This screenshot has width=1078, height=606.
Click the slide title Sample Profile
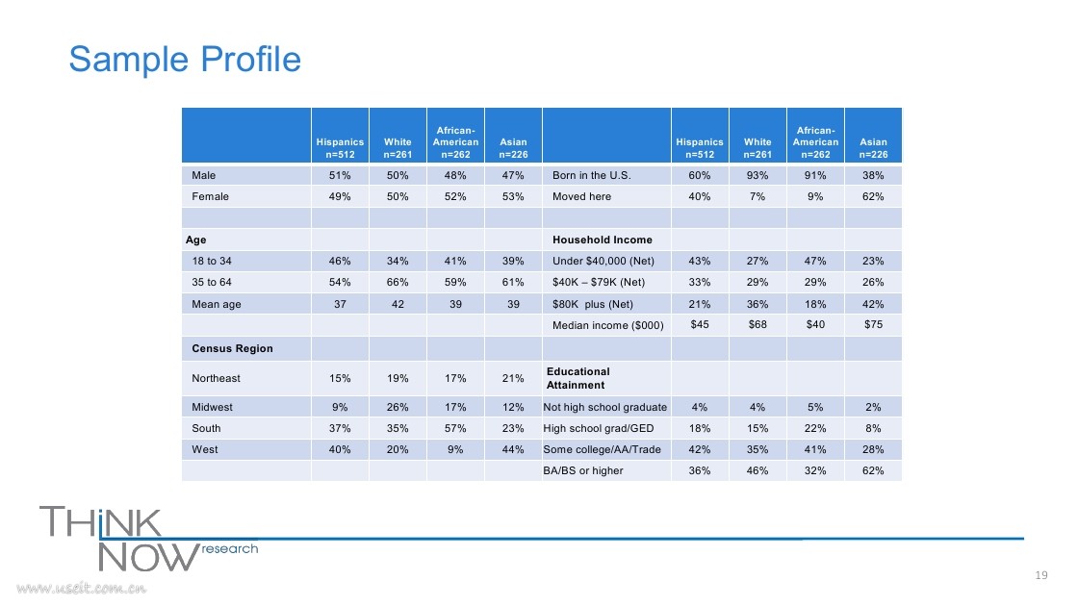185,60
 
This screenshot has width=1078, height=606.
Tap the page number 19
1040,575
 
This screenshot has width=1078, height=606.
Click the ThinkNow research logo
148,540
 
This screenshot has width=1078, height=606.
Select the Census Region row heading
232,348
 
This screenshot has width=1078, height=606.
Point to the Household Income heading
603,240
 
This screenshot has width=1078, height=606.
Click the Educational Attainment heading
577,379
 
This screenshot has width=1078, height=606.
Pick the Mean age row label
217,304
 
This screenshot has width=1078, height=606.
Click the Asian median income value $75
873,324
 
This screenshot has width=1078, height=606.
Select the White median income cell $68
757,324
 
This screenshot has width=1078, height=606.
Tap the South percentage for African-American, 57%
455,428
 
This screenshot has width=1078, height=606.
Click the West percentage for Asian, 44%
513,449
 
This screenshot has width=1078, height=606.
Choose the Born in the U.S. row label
591,175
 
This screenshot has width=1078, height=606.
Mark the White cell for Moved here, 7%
757,196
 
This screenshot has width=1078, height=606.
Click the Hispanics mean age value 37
341,304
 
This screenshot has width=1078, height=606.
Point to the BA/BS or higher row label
583,470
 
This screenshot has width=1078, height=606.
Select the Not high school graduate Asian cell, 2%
873,407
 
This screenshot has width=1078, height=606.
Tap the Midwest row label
213,407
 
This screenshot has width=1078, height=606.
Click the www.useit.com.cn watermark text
81,588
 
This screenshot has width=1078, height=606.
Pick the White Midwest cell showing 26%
398,407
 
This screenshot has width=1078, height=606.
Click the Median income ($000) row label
607,326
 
